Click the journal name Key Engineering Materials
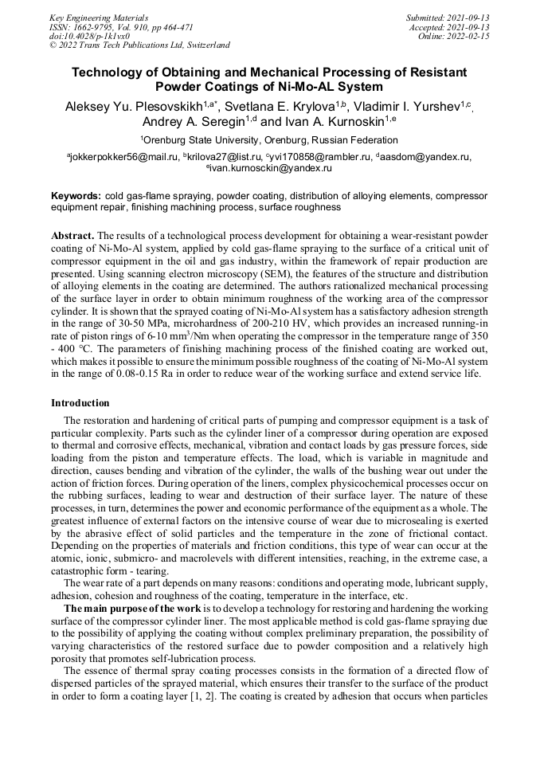click(98, 17)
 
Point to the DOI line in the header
click(89, 36)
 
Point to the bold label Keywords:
click(76, 195)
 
